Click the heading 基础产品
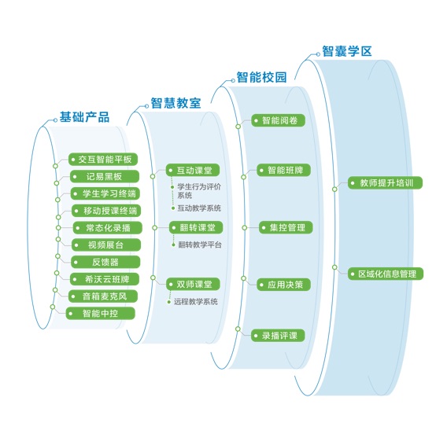(84, 117)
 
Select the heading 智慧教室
(176, 103)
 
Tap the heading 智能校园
(261, 77)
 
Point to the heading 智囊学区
(347, 51)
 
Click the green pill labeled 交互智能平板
(103, 159)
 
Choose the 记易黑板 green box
(105, 176)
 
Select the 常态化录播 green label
(108, 228)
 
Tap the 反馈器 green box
(105, 262)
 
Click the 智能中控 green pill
(101, 314)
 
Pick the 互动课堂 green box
(193, 170)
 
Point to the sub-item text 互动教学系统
(199, 208)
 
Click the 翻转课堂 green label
(196, 227)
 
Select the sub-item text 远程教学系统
(196, 301)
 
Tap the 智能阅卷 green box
(278, 120)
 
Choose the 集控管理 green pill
(286, 228)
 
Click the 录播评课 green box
(278, 336)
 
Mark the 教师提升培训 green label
(385, 183)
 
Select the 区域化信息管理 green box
(386, 274)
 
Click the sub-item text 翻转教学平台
(200, 245)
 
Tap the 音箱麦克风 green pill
(103, 296)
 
